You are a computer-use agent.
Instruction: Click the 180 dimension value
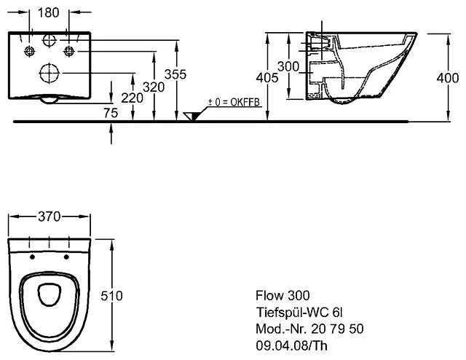pos(50,12)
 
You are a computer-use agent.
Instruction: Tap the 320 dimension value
pos(152,86)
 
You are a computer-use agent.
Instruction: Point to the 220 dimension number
pos(131,97)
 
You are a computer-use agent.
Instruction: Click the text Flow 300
pos(282,295)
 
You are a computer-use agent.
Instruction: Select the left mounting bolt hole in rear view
pos(30,50)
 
